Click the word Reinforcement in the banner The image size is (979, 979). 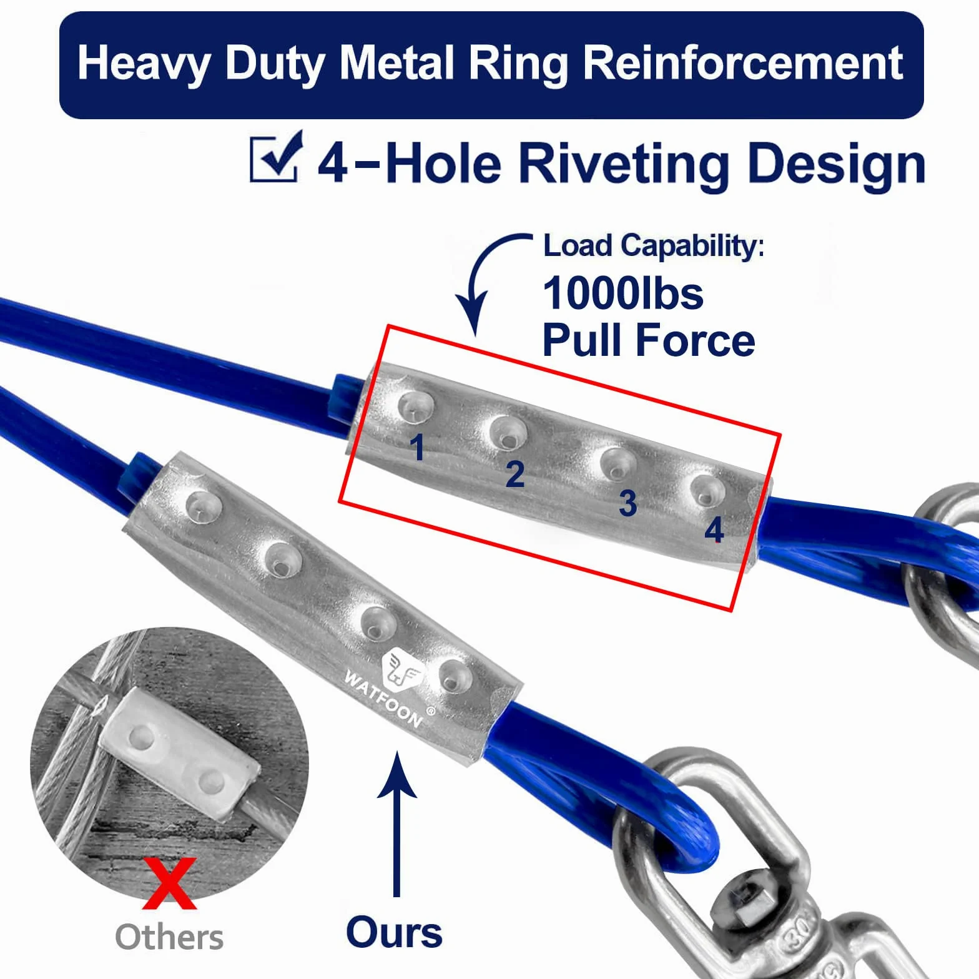point(743,64)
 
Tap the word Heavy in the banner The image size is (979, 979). point(144,65)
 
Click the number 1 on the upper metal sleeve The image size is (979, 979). point(418,447)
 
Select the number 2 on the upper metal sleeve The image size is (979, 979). point(514,475)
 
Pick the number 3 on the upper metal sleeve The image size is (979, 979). point(627,503)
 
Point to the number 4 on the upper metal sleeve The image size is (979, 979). point(714,530)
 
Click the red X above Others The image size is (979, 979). point(169,883)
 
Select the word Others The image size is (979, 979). point(169,937)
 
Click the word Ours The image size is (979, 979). point(395,933)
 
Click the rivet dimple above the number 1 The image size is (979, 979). point(415,406)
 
